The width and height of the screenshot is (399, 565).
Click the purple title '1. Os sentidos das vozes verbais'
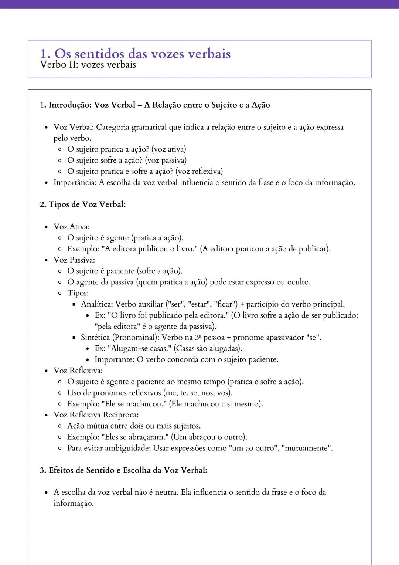pos(135,54)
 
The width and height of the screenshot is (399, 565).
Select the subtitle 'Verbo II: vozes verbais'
pos(88,65)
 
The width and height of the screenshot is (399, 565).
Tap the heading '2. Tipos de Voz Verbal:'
pos(83,204)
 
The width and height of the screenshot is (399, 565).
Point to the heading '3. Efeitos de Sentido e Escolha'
pos(123,470)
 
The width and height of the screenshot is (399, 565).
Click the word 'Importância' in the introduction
pos(75,182)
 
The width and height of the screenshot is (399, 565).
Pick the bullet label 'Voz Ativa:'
pos(72,227)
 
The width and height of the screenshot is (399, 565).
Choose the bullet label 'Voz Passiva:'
pos(74,260)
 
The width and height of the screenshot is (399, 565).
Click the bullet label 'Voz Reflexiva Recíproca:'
pos(96,415)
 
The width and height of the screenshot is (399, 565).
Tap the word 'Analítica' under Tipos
pos(97,304)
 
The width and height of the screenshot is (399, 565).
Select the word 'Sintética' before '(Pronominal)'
pos(95,337)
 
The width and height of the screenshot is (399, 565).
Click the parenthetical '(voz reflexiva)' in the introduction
pos(199,171)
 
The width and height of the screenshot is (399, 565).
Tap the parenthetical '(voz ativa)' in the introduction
pos(169,149)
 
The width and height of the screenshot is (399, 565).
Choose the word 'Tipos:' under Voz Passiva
pos(78,293)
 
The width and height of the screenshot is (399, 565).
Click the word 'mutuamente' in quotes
pos(306,448)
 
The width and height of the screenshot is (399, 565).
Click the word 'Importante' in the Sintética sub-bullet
pos(114,359)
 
